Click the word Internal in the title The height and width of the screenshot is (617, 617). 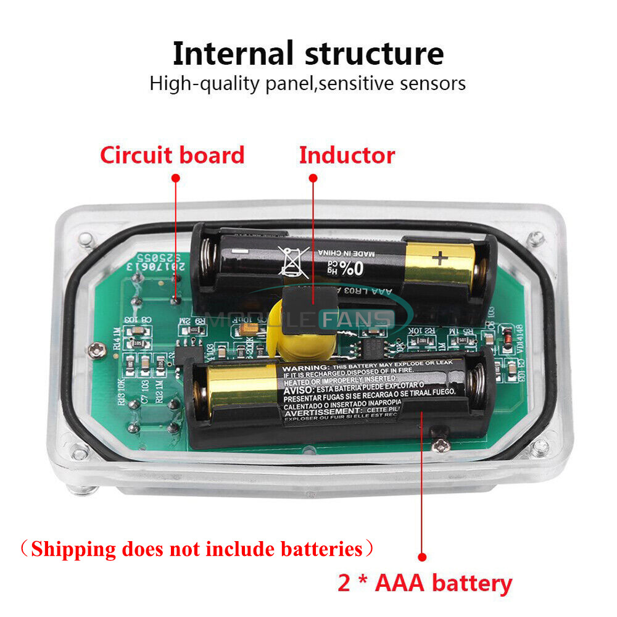(233, 54)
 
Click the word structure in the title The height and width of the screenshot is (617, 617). (375, 54)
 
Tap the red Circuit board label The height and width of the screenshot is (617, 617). (172, 155)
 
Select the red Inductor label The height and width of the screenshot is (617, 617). (347, 155)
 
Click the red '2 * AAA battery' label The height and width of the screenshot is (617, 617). (425, 582)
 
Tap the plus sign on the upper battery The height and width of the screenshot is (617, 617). (440, 256)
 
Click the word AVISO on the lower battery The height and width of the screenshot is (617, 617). (298, 391)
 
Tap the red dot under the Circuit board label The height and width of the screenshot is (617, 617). (175, 178)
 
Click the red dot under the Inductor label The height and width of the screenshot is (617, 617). (313, 178)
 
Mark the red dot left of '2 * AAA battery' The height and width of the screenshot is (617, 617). (422, 557)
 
